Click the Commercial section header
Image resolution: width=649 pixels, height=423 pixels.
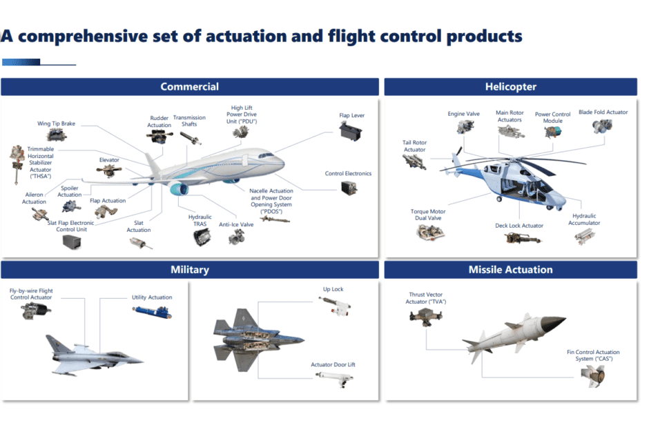pyautogui.click(x=189, y=87)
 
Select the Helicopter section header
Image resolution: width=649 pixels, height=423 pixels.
pyautogui.click(x=510, y=87)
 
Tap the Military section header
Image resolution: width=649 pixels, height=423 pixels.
pyautogui.click(x=189, y=270)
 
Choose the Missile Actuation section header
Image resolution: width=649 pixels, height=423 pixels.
pyautogui.click(x=510, y=270)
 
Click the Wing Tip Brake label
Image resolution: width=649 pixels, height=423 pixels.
pyautogui.click(x=56, y=124)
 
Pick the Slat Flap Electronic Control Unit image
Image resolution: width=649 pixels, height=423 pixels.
pyautogui.click(x=71, y=242)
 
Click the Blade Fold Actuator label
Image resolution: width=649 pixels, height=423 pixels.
pyautogui.click(x=603, y=112)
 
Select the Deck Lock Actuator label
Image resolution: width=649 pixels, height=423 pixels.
pyautogui.click(x=519, y=226)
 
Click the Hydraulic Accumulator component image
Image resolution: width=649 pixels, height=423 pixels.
pyautogui.click(x=583, y=236)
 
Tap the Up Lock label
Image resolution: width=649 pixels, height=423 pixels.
pyautogui.click(x=333, y=290)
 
